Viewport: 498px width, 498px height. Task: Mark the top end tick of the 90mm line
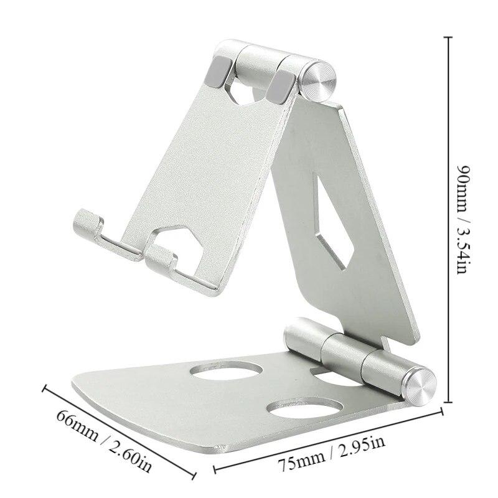pyautogui.click(x=446, y=37)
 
